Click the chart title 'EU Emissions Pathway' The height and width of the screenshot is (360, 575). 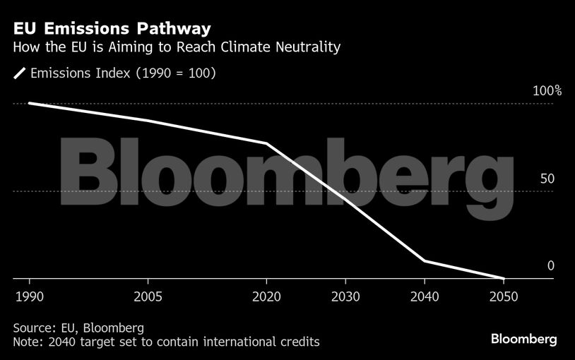[x=111, y=29]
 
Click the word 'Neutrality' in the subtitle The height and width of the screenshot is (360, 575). [x=309, y=48]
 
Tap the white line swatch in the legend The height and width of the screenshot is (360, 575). [x=20, y=73]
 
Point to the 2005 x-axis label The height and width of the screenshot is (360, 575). [x=147, y=295]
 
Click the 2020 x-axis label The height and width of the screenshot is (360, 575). [x=266, y=295]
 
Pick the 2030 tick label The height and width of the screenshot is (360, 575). [x=345, y=295]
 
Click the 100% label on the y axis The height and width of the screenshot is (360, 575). [x=547, y=91]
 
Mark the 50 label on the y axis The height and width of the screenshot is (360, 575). [x=547, y=179]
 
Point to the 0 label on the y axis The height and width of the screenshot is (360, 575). [x=550, y=266]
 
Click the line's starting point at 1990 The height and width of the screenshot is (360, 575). [x=29, y=103]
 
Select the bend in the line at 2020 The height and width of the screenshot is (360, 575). [x=266, y=144]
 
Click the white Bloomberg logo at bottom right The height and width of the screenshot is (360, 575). [x=523, y=340]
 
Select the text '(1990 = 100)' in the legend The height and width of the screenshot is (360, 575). [x=177, y=73]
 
